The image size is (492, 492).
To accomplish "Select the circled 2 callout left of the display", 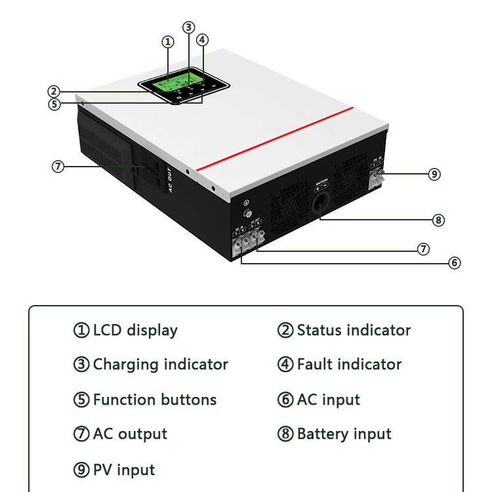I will (x=54, y=92).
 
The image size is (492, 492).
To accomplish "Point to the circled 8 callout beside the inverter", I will (x=438, y=220).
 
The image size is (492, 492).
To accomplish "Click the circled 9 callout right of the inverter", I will (x=434, y=174).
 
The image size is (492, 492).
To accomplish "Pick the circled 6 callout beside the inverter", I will (x=455, y=263).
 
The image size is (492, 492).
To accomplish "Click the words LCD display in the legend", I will (x=135, y=330).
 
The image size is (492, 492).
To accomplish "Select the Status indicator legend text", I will (x=354, y=330).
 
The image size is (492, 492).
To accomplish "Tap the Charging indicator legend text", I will (x=160, y=365).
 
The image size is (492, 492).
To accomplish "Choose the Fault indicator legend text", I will (x=349, y=365).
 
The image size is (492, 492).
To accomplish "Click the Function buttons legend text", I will (x=154, y=400).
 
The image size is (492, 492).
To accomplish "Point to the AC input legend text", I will (x=328, y=400).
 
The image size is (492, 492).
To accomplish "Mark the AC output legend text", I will (x=130, y=434).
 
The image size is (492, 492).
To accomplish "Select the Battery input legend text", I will (x=344, y=434).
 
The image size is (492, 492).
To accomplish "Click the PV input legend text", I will (x=124, y=470).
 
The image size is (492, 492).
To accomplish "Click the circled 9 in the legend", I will (x=81, y=470).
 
